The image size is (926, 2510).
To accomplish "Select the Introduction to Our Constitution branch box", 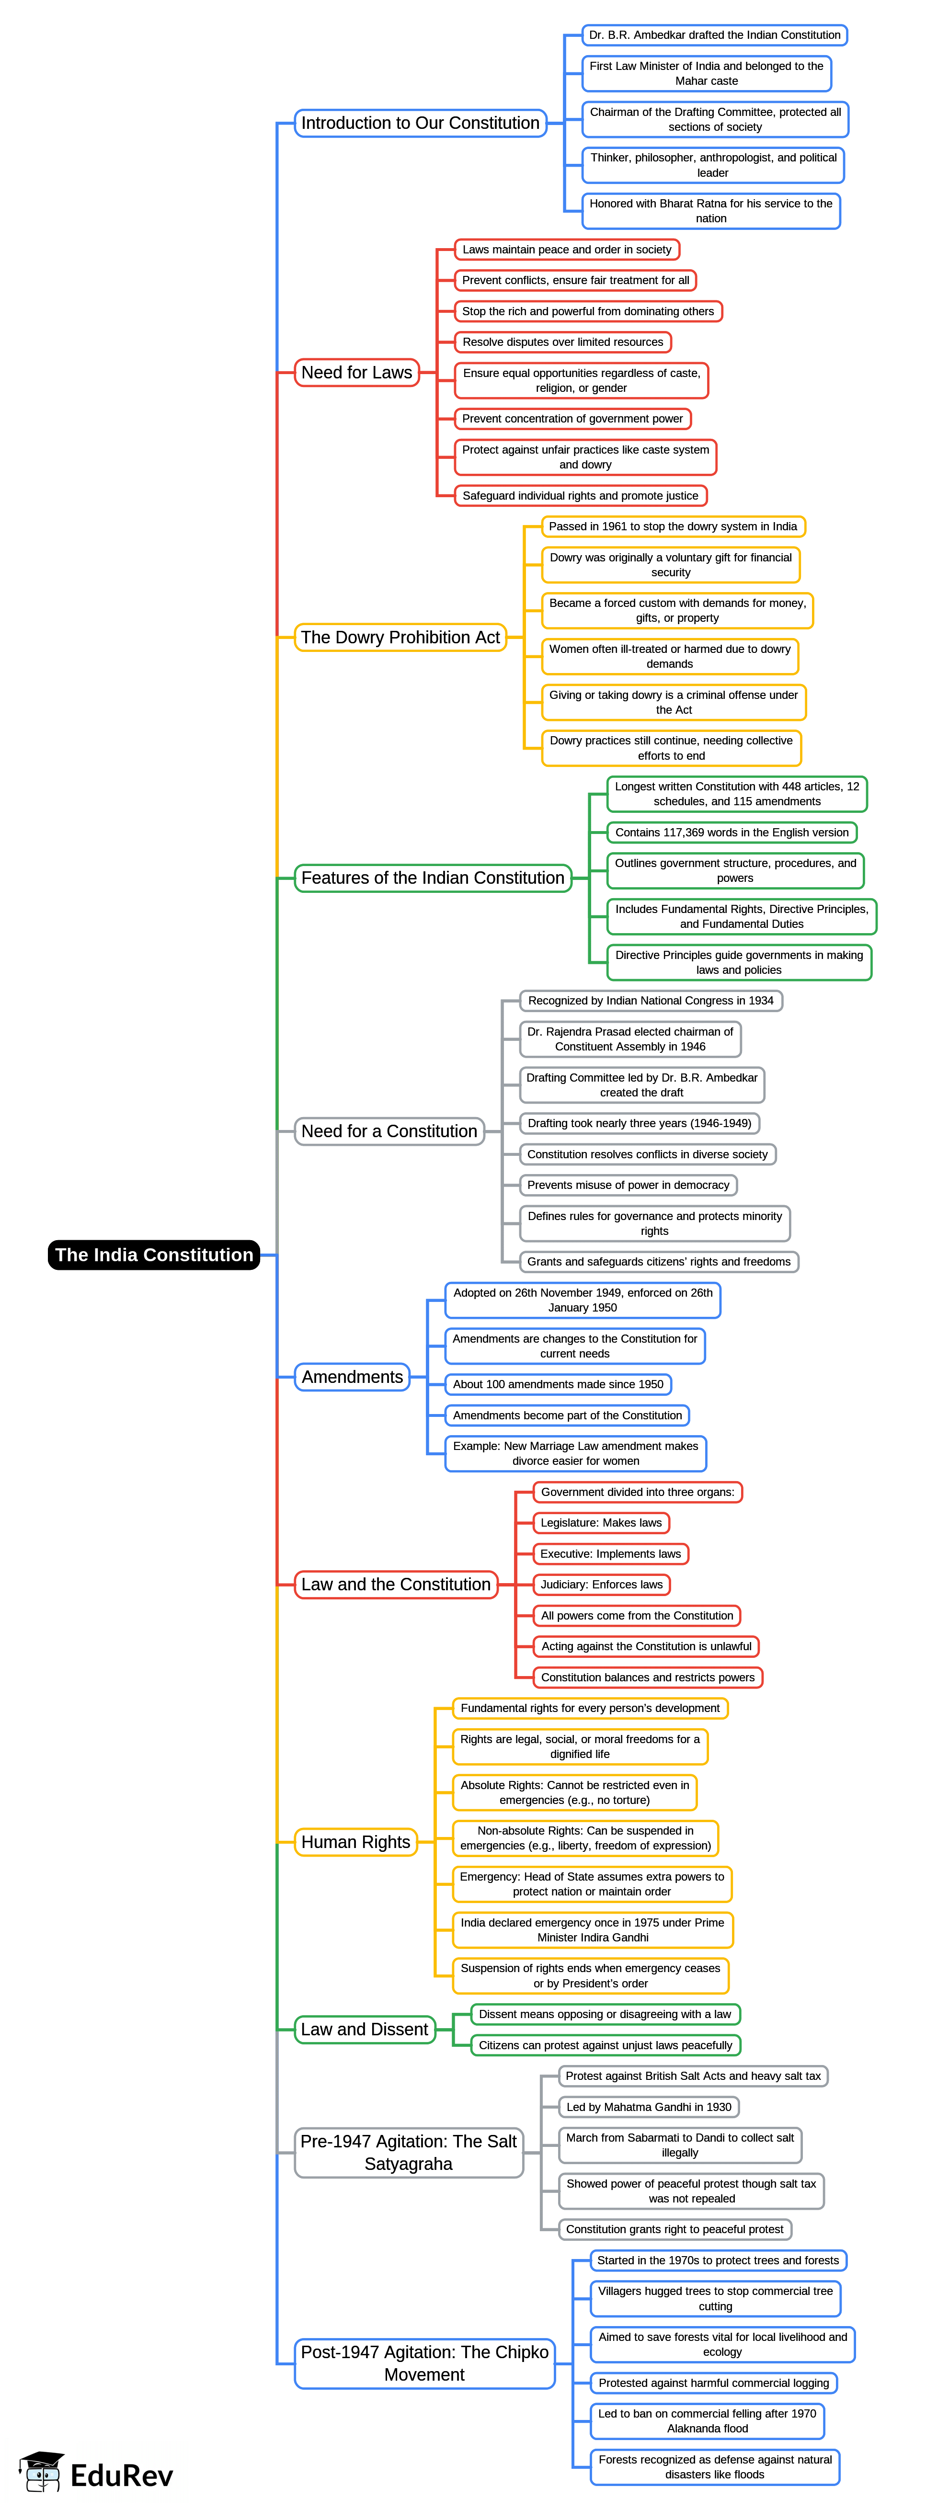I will pos(420,123).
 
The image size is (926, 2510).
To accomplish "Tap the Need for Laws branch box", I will pos(357,372).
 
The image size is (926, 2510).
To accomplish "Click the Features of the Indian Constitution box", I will pos(433,878).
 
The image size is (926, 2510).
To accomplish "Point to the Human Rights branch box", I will pos(356,1842).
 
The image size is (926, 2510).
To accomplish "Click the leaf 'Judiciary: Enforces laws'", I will pos(601,1585).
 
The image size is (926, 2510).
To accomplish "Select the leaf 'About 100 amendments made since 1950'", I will pos(558,1385).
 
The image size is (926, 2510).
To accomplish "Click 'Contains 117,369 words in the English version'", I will pos(731,832).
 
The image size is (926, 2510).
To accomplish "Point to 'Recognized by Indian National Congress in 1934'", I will pos(650,1001).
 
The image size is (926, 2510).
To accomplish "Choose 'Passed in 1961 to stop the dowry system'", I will pos(673,526).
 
